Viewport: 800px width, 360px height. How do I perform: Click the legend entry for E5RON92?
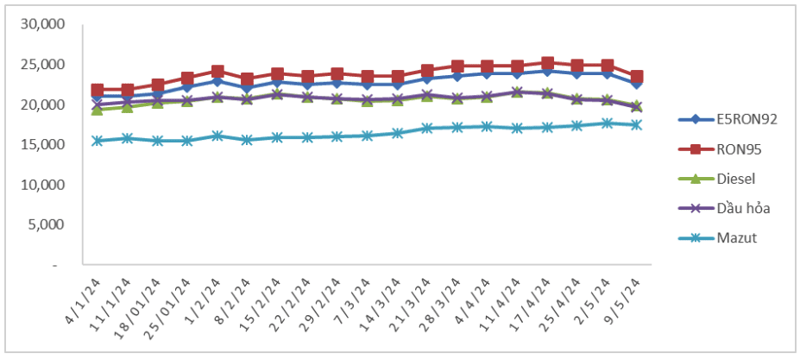point(734,119)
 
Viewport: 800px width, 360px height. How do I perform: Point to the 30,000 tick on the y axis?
point(41,24)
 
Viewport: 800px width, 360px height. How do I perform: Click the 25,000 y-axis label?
point(41,65)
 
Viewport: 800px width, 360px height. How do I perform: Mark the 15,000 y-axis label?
point(41,145)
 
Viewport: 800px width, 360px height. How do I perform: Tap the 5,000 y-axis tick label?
point(45,225)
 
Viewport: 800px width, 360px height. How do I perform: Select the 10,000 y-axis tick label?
point(41,185)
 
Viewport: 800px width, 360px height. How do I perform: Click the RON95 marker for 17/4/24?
point(547,63)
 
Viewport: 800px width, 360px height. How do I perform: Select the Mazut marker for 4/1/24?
point(98,141)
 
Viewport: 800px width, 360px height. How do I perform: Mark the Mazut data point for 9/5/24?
point(636,124)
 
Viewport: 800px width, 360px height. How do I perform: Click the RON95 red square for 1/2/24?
point(217,72)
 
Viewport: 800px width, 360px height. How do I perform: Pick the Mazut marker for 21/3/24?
point(427,128)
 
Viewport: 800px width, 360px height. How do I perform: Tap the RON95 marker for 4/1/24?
point(98,90)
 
